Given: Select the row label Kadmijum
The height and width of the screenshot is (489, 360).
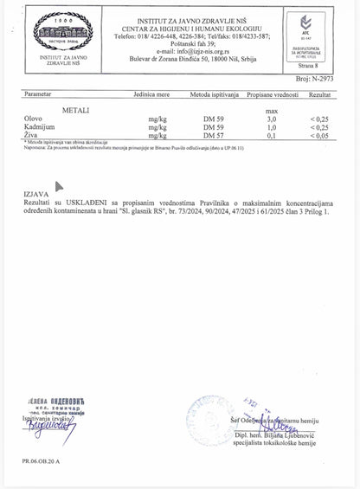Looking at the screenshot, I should [x=42, y=127].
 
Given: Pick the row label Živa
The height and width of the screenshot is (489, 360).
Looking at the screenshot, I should [x=35, y=136].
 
